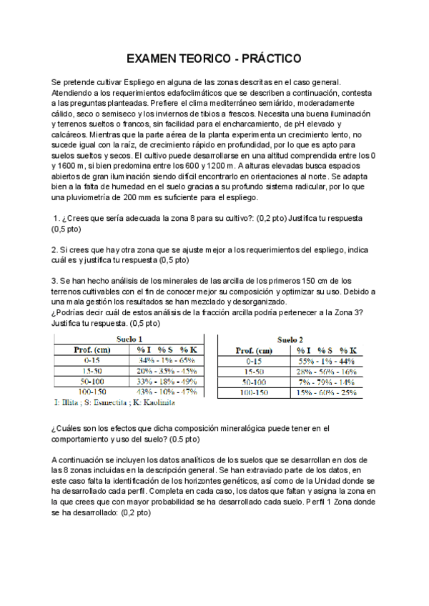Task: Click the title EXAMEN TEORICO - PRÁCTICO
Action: [214, 58]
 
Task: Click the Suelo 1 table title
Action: [129, 319]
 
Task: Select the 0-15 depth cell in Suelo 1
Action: [91, 361]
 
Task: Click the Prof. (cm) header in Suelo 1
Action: [91, 350]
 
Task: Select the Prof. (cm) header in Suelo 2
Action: [253, 351]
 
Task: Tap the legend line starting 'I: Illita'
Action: [115, 403]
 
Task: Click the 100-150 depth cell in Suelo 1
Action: [91, 392]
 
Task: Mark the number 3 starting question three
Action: [54, 280]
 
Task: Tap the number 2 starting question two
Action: [54, 249]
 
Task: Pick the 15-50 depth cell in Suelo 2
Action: [253, 372]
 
